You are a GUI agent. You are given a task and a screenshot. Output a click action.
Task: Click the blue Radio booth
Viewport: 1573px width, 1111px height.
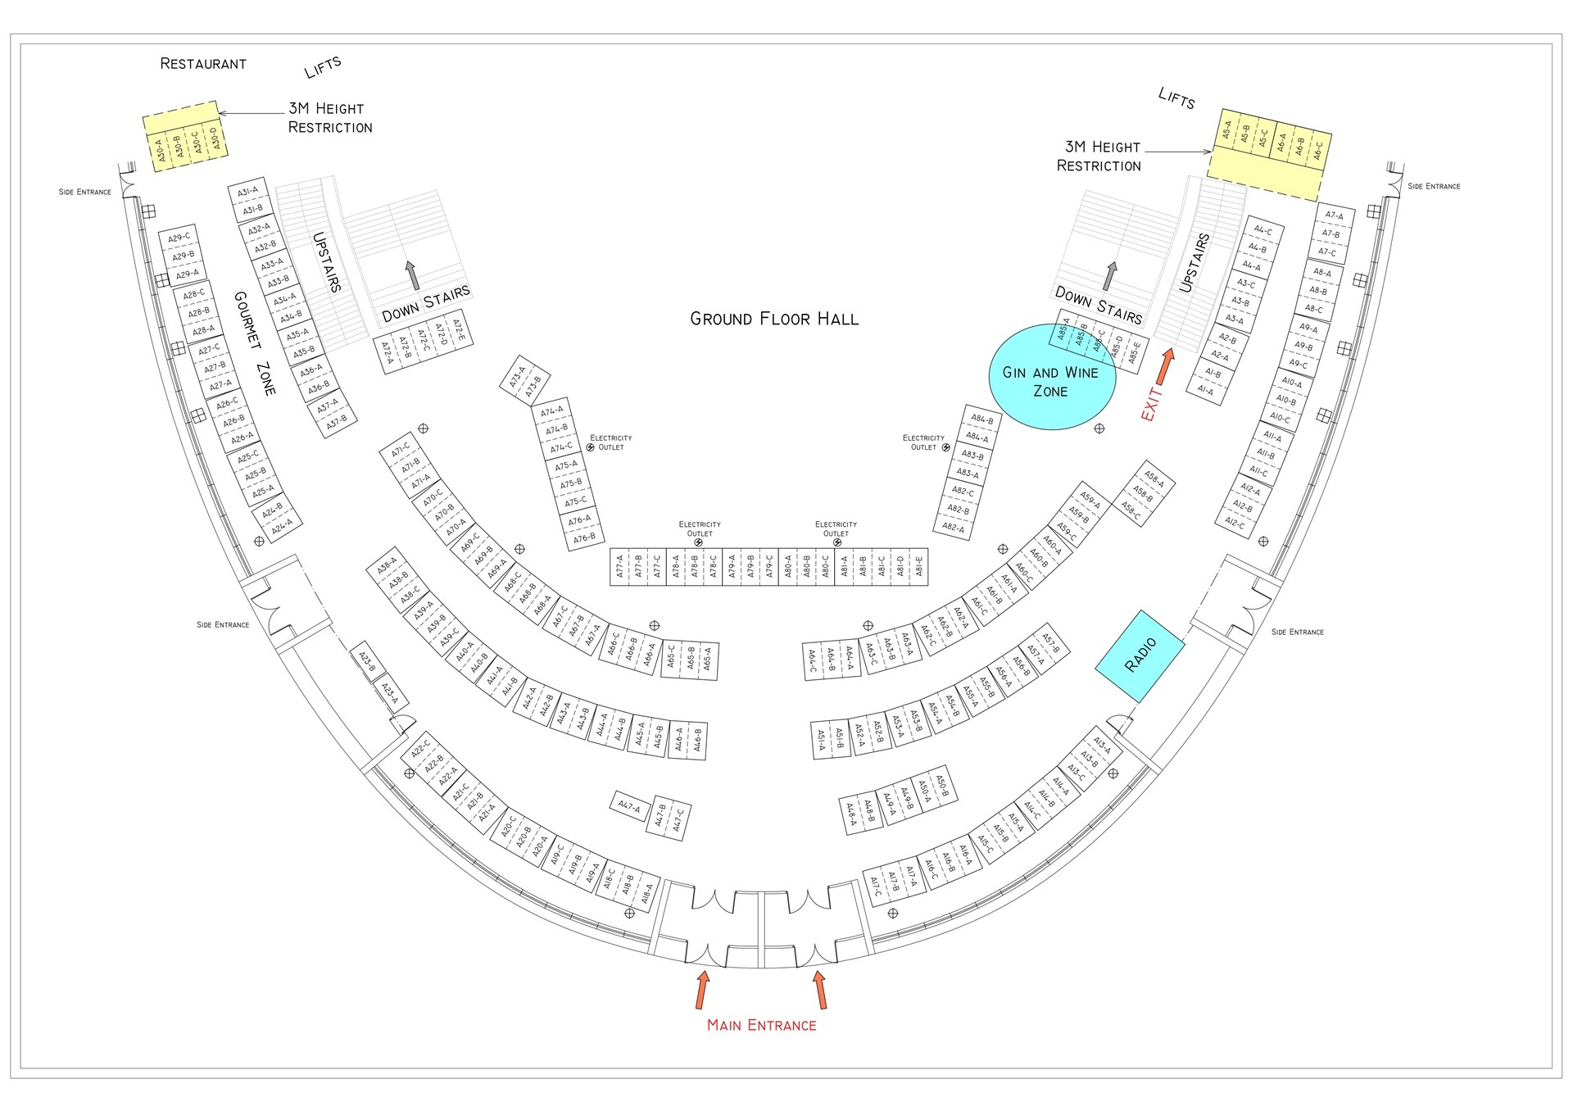[1140, 655]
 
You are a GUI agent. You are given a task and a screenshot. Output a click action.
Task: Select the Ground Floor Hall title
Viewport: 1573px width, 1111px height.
[774, 319]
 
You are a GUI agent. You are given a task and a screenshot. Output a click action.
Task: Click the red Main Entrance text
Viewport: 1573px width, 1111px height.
[761, 1025]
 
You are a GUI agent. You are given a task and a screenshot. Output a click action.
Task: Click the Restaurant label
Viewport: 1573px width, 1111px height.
[202, 64]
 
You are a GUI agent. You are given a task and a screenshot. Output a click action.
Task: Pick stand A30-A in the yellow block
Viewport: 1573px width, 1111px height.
[161, 151]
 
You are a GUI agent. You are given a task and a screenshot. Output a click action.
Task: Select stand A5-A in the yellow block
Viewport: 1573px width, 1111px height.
[1227, 130]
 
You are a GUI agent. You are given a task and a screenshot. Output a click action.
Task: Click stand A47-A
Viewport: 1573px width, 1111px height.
[629, 807]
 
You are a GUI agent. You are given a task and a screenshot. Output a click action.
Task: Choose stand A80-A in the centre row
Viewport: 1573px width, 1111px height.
[788, 565]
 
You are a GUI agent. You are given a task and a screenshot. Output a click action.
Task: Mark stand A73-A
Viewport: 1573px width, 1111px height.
[516, 377]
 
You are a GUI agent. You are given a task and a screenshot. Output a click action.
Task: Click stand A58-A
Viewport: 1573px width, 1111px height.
[1154, 479]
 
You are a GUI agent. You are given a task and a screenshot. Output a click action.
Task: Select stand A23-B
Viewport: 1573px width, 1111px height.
[366, 662]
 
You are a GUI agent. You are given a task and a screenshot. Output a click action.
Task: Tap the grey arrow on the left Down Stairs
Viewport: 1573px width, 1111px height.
[411, 275]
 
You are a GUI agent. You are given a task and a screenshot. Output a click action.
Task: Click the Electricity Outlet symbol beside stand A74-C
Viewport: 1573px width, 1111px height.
[590, 447]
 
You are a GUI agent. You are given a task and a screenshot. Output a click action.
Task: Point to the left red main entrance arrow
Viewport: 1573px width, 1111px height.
[702, 990]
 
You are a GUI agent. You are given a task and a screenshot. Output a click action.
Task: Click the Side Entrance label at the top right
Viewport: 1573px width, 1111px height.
[1434, 186]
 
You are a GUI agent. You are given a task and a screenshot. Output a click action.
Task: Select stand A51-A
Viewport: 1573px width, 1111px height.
[821, 740]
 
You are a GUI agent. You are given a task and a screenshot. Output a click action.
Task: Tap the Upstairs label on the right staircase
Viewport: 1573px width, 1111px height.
[1194, 263]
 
